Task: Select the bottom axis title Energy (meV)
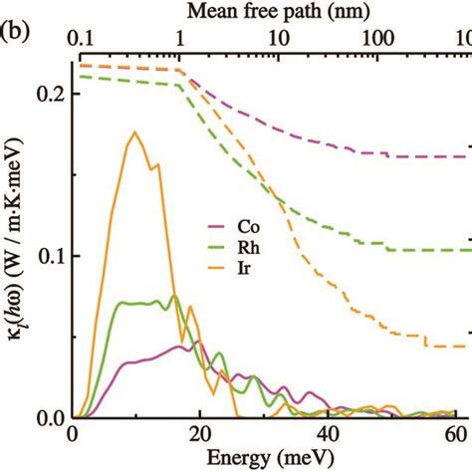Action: click(266, 459)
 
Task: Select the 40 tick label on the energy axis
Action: click(328, 435)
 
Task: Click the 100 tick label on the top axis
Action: click(376, 38)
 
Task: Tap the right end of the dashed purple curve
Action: click(466, 156)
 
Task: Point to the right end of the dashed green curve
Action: click(466, 250)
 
